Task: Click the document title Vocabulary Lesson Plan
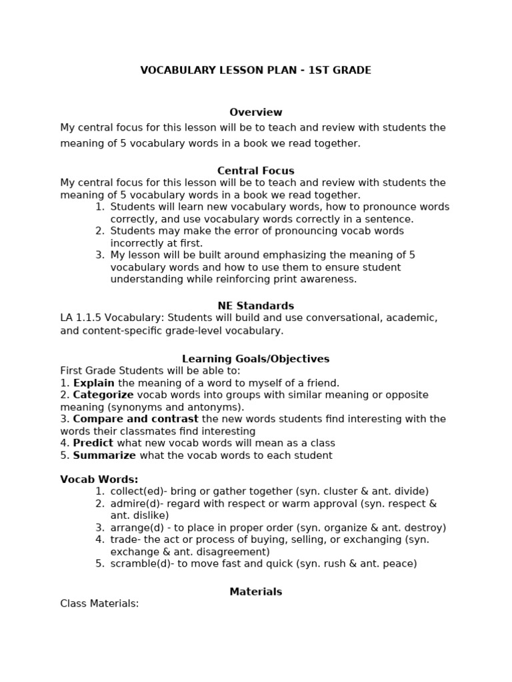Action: pyautogui.click(x=255, y=70)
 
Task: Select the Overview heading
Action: pyautogui.click(x=255, y=113)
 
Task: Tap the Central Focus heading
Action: pyautogui.click(x=255, y=170)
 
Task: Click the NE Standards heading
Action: pyautogui.click(x=255, y=306)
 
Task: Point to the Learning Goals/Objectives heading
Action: pyautogui.click(x=255, y=359)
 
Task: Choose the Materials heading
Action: pyautogui.click(x=255, y=591)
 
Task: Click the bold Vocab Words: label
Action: pyautogui.click(x=99, y=479)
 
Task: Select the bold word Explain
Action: pyautogui.click(x=93, y=383)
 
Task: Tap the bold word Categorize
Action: pyautogui.click(x=103, y=395)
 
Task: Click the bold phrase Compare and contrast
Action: pyautogui.click(x=135, y=419)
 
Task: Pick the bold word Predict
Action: pyautogui.click(x=93, y=443)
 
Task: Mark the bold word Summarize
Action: pyautogui.click(x=104, y=456)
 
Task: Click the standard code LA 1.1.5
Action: pyautogui.click(x=78, y=318)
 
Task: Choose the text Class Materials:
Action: pyautogui.click(x=99, y=603)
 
